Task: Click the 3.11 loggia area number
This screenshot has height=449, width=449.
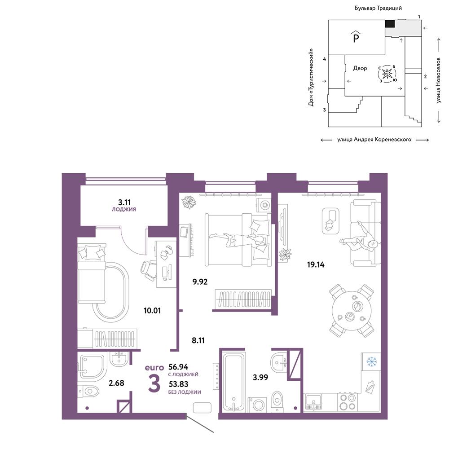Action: click(124, 202)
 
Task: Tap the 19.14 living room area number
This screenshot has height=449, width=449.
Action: click(316, 264)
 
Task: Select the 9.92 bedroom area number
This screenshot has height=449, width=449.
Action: click(200, 282)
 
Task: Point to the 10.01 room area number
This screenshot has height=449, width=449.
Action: click(152, 310)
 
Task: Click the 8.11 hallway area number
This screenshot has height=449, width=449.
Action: click(198, 340)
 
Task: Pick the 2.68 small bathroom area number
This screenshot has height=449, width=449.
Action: click(117, 383)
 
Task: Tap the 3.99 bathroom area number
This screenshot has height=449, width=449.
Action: click(260, 378)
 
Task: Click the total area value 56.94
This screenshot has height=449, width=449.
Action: click(178, 367)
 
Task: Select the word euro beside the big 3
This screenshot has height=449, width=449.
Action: click(154, 367)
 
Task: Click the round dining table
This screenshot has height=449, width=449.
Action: click(352, 311)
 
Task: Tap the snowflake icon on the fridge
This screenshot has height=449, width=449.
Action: click(371, 361)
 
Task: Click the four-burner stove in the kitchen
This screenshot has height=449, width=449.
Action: click(348, 402)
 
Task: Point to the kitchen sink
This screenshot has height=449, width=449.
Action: click(313, 401)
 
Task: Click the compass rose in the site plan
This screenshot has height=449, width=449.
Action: click(387, 74)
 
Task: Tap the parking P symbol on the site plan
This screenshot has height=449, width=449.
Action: click(356, 37)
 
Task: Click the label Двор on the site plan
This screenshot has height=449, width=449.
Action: click(360, 68)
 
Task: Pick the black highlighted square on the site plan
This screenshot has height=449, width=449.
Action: click(390, 23)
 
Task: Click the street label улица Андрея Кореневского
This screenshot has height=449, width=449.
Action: click(374, 140)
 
